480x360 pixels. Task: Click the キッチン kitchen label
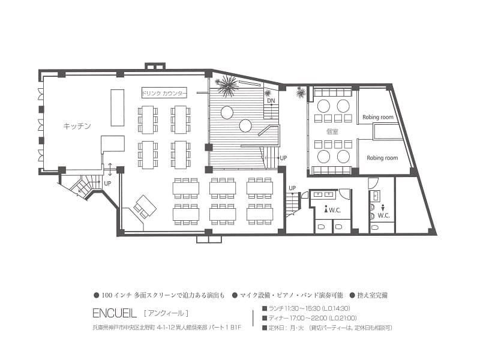click(77, 126)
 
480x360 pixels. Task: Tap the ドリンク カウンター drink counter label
click(164, 93)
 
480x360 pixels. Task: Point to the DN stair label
click(271, 100)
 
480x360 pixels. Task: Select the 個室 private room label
click(332, 131)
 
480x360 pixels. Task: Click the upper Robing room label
click(378, 117)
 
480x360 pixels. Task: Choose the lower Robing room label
click(382, 158)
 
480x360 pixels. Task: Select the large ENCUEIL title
click(115, 313)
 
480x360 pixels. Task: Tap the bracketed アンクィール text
click(166, 313)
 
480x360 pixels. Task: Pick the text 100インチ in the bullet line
click(116, 295)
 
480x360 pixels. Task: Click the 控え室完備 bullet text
click(373, 295)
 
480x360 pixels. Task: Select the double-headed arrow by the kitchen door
click(110, 169)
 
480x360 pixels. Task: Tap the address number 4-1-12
click(166, 328)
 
